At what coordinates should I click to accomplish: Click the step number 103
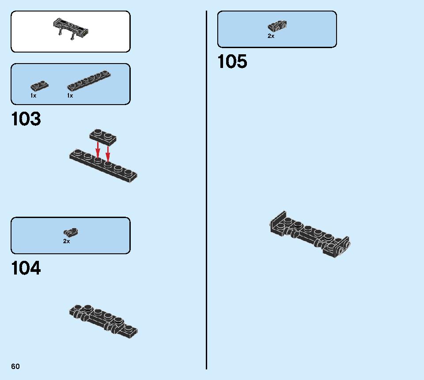(26, 119)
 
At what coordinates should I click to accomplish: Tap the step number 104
(26, 268)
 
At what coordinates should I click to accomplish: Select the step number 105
(232, 61)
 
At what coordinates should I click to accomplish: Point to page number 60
(15, 366)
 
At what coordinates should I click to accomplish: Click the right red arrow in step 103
(108, 154)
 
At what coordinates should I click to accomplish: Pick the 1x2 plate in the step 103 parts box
(39, 86)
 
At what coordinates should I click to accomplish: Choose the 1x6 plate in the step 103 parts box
(89, 80)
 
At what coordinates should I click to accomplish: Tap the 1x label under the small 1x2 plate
(33, 96)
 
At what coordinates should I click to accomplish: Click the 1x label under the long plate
(70, 96)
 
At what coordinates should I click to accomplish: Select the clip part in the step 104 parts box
(71, 232)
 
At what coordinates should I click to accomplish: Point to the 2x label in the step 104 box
(67, 241)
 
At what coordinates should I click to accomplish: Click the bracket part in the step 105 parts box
(277, 26)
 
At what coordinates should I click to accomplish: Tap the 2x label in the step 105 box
(271, 36)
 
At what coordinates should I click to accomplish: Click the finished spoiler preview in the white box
(71, 29)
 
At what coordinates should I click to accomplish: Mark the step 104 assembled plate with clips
(103, 321)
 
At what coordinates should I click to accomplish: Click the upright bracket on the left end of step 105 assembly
(278, 223)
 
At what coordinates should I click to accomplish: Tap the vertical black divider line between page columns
(207, 190)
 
